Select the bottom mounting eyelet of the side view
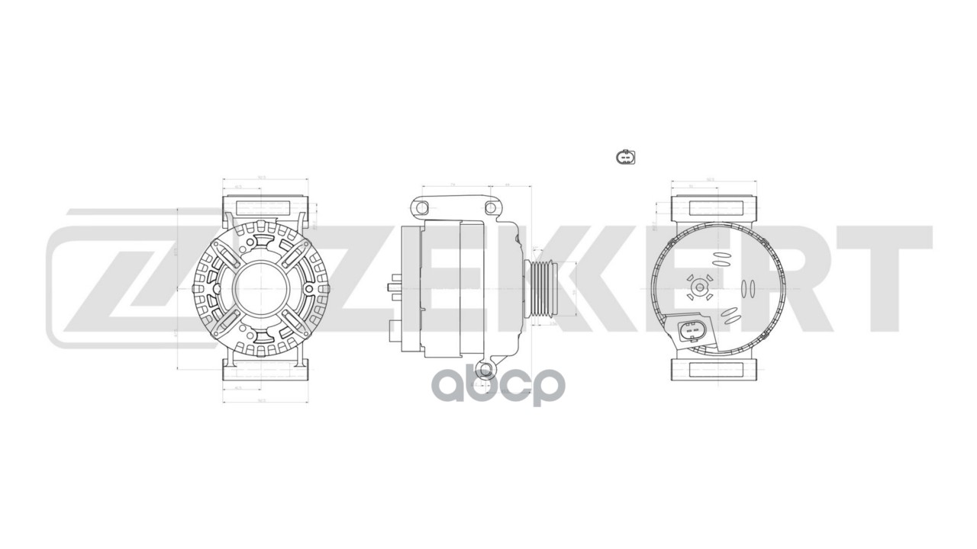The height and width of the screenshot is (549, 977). coord(484,371)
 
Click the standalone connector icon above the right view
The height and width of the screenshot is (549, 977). coord(624,157)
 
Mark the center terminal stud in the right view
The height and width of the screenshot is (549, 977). coord(700,287)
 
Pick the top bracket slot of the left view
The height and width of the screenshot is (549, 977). coord(264,208)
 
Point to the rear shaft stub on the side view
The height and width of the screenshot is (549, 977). coord(395,288)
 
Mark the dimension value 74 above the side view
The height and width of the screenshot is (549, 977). coord(453,185)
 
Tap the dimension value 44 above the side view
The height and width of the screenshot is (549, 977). coord(508,185)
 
